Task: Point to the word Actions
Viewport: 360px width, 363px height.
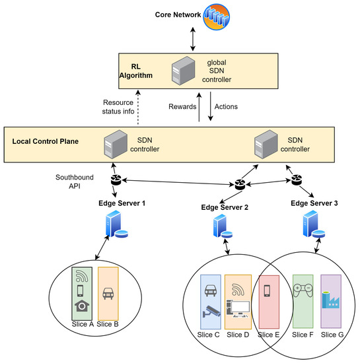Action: pos(227,106)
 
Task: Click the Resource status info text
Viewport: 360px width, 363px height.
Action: pos(119,106)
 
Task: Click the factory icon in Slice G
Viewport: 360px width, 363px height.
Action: pos(330,299)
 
